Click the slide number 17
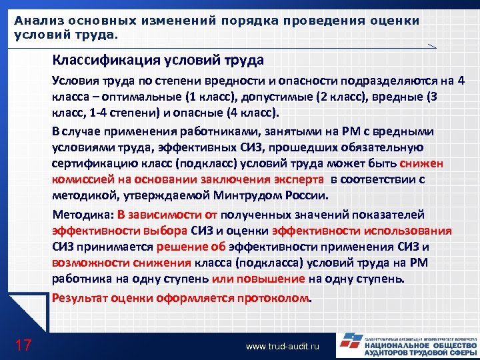[23, 345]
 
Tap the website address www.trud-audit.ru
[283, 347]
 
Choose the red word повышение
[275, 278]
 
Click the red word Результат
[79, 298]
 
